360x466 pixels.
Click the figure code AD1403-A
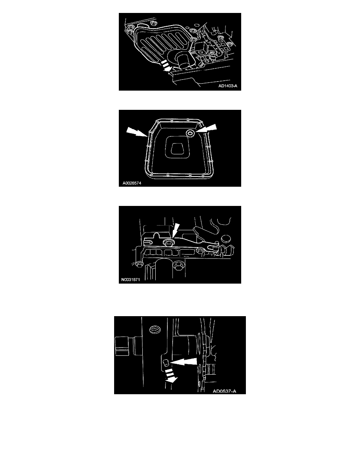click(x=228, y=86)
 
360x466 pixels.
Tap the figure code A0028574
click(x=132, y=183)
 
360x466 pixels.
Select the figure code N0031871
click(x=131, y=280)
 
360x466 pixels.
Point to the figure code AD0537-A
click(x=224, y=391)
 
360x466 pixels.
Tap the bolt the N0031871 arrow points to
click(x=168, y=242)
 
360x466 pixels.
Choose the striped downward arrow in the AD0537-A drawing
click(x=171, y=376)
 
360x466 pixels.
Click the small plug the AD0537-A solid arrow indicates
click(x=167, y=362)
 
